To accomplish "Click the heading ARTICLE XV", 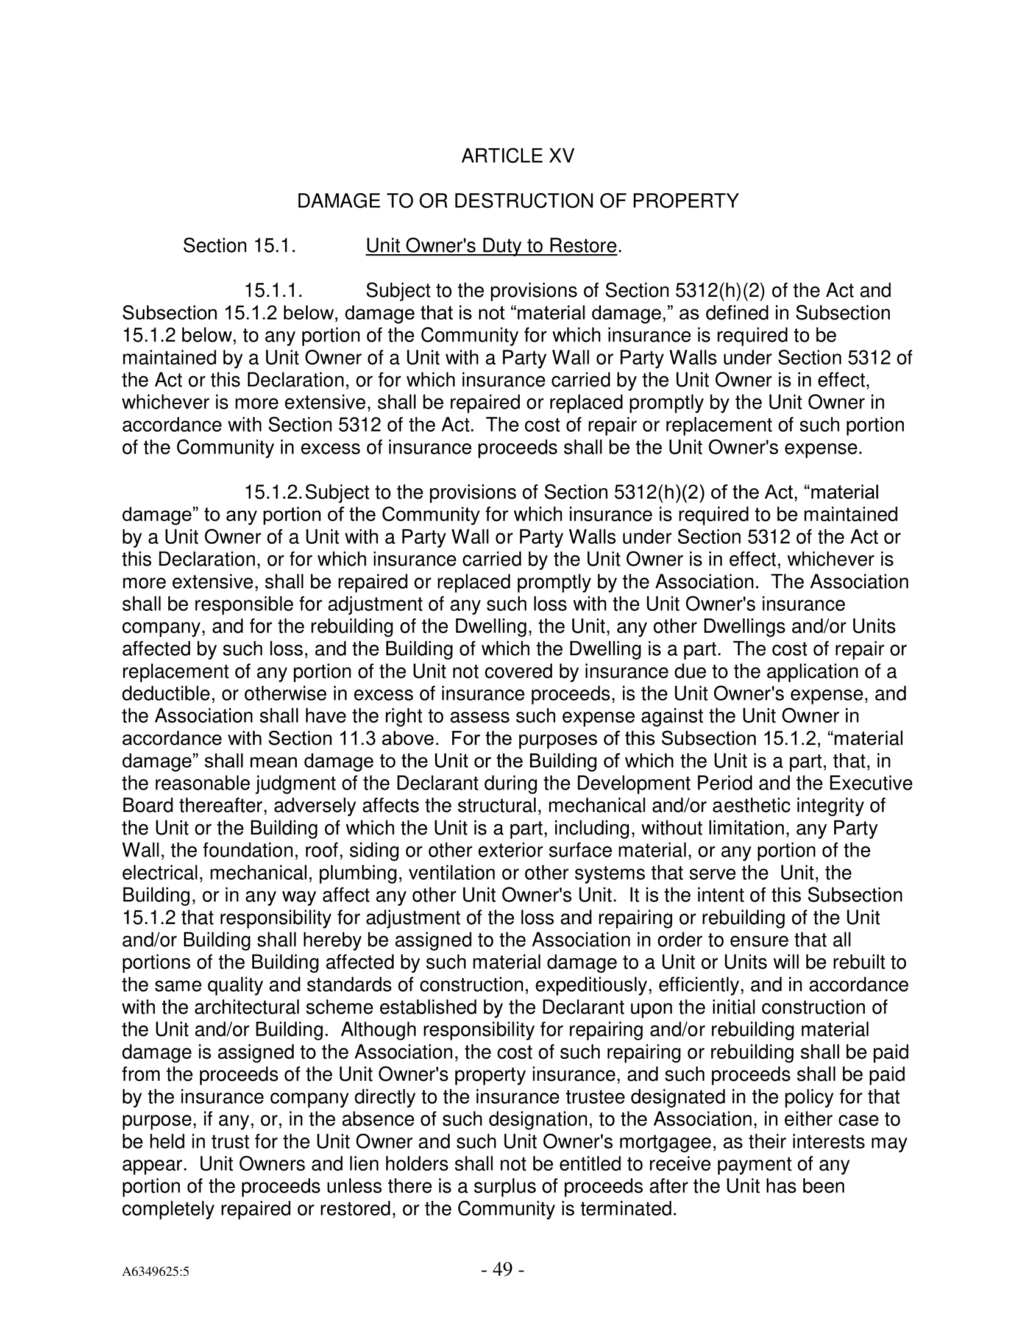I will click(x=517, y=156).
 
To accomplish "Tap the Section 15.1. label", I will click(x=239, y=246).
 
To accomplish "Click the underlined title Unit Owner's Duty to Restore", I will click(x=491, y=246).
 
